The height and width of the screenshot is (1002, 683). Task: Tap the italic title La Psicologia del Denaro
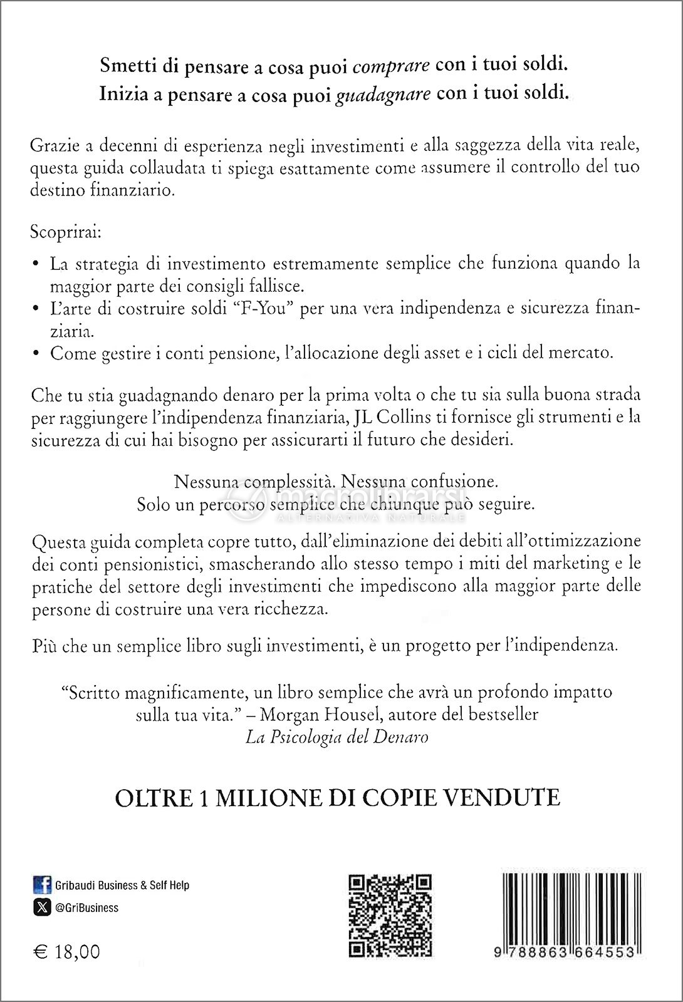(x=337, y=737)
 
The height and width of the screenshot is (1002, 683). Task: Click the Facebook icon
(x=42, y=885)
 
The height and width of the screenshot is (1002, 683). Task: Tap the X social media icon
(x=42, y=907)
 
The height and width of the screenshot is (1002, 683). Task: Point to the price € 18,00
(x=66, y=951)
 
